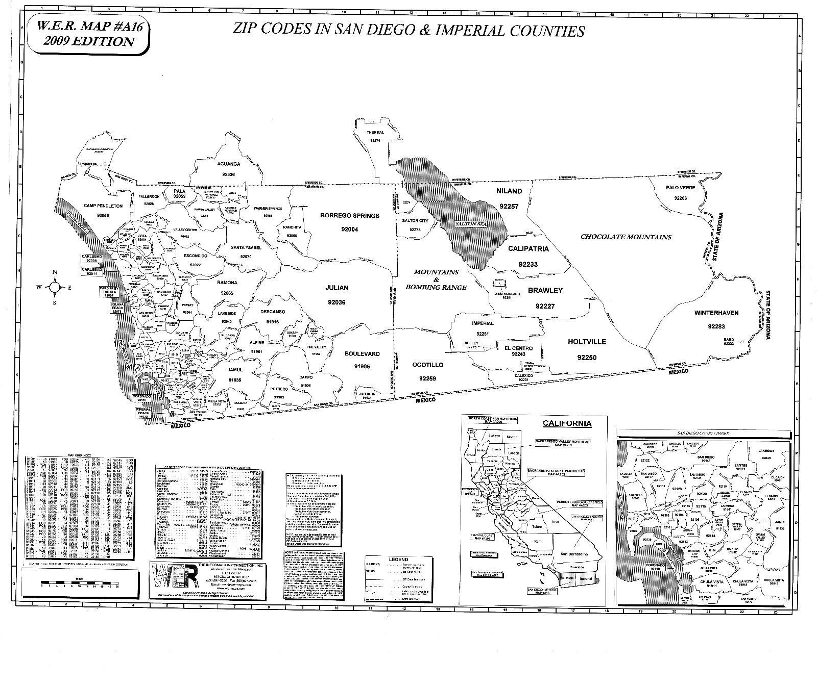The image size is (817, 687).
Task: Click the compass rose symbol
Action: click(x=55, y=288)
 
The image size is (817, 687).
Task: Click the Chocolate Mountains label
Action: click(x=626, y=237)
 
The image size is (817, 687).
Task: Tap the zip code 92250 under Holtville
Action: click(x=587, y=358)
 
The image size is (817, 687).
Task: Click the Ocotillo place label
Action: click(x=427, y=365)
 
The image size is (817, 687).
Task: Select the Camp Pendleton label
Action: click(x=103, y=206)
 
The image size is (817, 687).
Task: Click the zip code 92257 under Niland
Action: click(x=509, y=207)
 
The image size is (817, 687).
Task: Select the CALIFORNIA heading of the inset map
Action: click(x=567, y=423)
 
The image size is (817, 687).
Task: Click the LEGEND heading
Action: click(x=398, y=559)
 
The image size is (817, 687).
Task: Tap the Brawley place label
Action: click(x=545, y=291)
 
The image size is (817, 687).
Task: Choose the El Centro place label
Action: click(x=518, y=348)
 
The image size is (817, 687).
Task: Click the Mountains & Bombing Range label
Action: click(x=436, y=279)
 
